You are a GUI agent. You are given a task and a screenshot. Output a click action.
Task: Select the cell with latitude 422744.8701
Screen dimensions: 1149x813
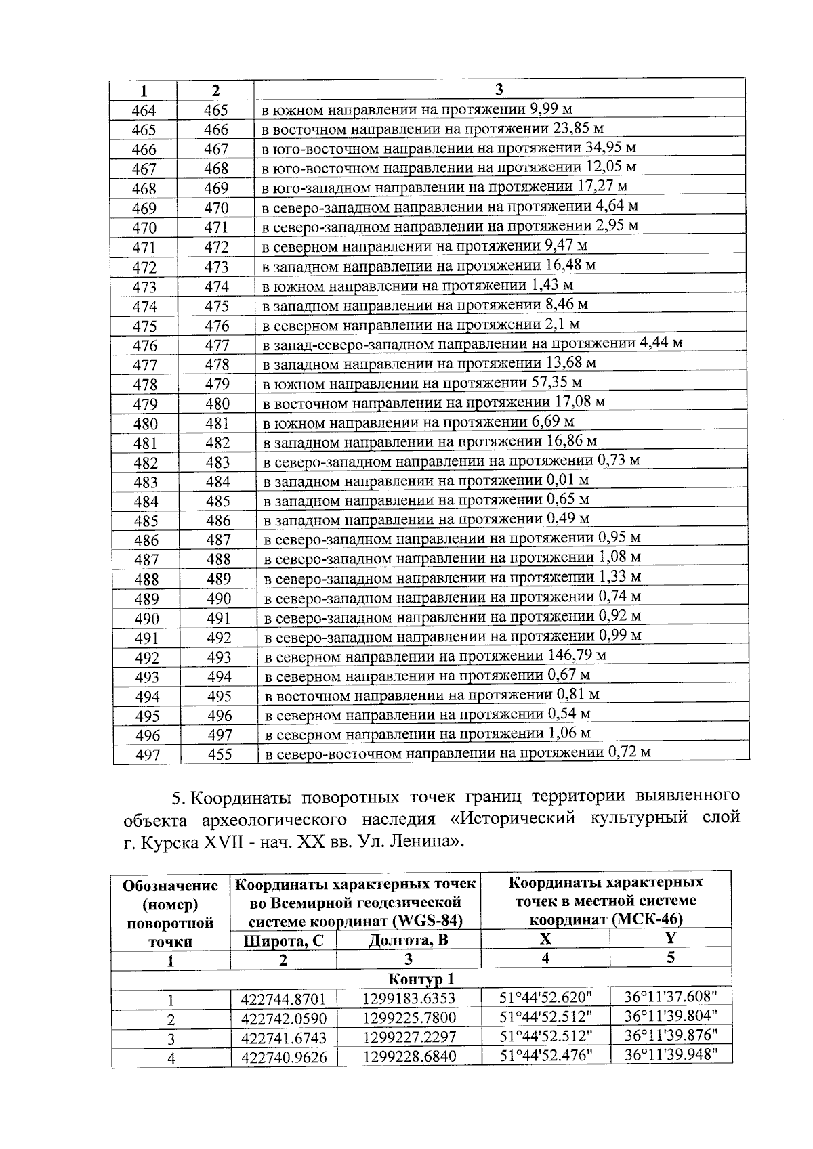283,999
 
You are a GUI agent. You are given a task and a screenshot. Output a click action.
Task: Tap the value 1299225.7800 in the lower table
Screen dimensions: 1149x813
409,1018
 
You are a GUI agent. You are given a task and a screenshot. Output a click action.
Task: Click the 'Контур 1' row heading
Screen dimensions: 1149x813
421,979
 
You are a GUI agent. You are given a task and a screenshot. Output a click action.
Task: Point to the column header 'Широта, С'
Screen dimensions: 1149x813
283,940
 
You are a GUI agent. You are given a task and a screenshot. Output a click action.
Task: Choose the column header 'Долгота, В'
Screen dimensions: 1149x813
408,940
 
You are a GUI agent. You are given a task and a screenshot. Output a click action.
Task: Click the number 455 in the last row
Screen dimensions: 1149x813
220,754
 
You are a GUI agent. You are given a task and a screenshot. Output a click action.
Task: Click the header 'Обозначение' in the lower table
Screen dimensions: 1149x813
171,886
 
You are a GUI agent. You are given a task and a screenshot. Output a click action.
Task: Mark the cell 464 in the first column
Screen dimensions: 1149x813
144,110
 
